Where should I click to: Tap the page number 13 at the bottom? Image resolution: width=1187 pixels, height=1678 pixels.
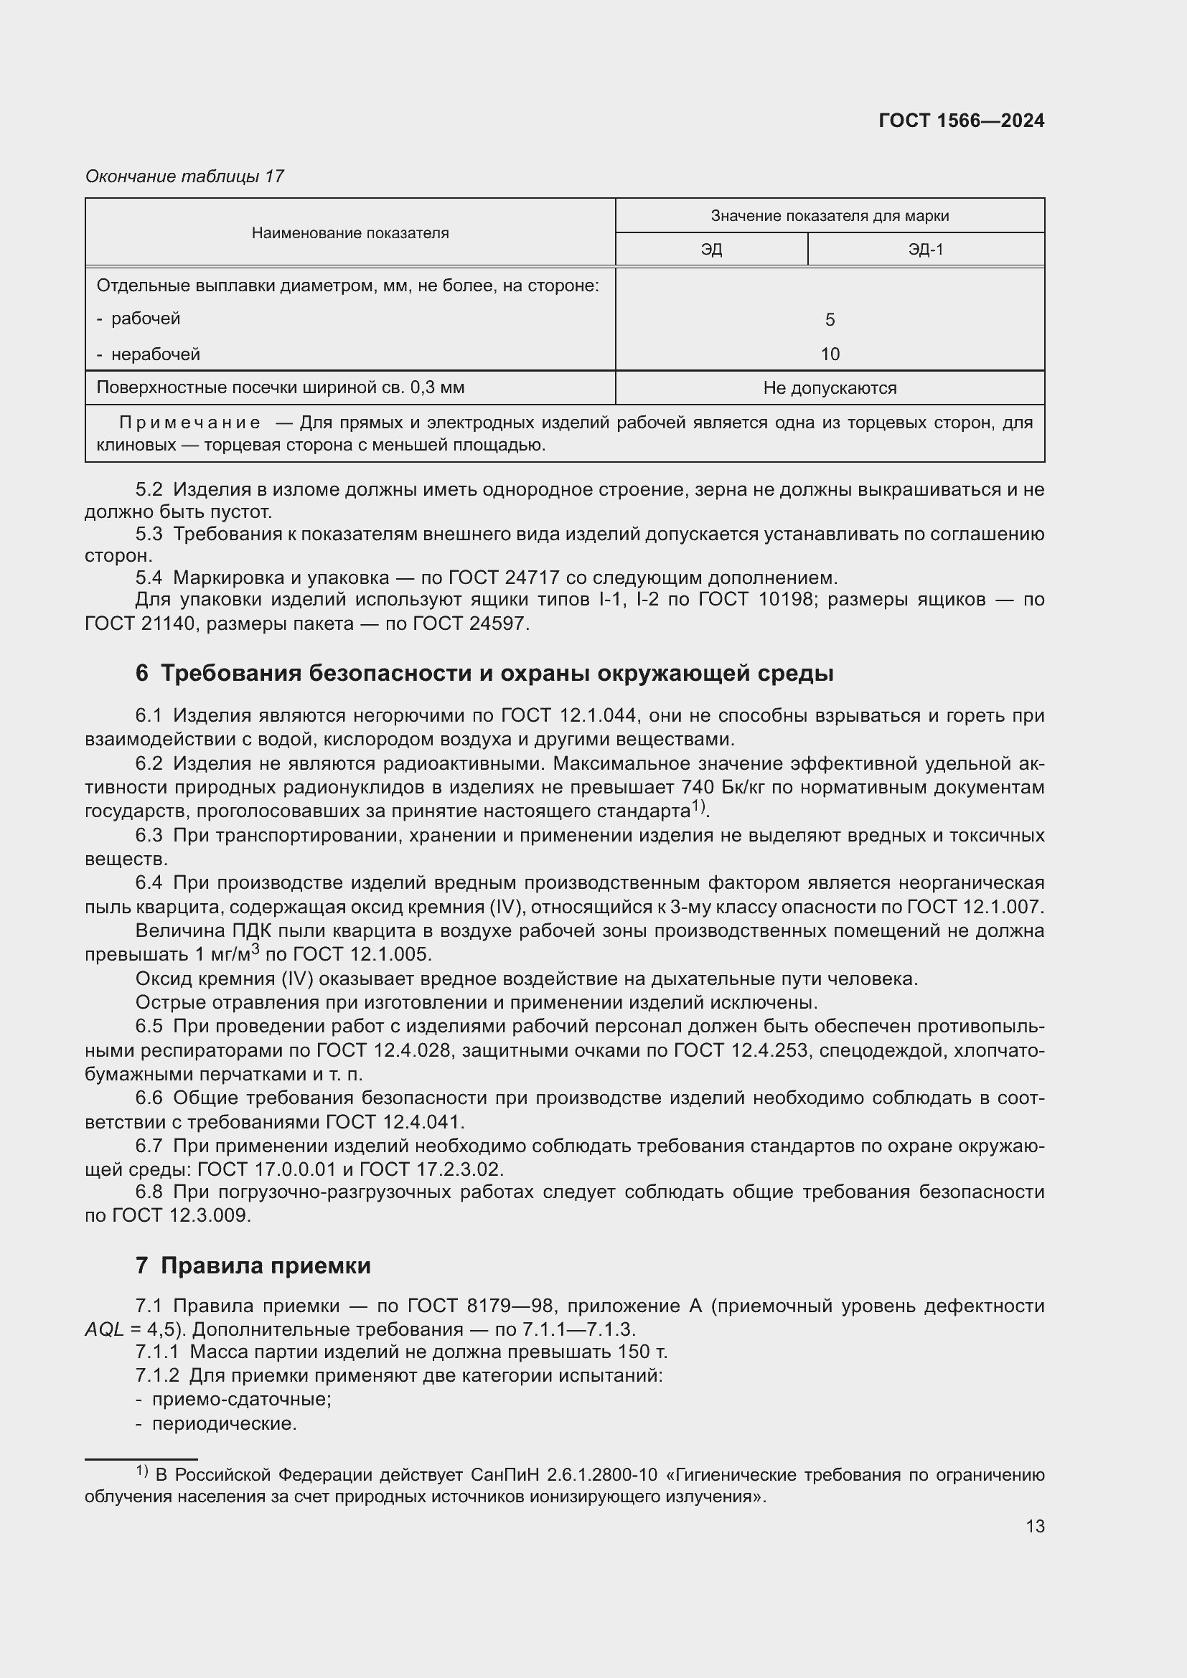pos(1035,1526)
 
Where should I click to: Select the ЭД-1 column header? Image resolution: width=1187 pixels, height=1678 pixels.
pos(925,250)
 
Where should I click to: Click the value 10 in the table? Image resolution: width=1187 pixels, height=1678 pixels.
pos(830,354)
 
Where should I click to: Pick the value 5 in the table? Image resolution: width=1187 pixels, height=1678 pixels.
pos(830,319)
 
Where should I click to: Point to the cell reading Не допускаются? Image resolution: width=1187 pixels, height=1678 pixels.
pos(830,388)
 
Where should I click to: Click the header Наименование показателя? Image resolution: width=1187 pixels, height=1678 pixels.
pos(350,233)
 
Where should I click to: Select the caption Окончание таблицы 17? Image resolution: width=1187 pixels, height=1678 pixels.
pos(184,176)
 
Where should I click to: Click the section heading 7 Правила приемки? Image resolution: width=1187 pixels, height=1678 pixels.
pos(253,1265)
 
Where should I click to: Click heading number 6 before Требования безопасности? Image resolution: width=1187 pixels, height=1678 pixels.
pos(142,673)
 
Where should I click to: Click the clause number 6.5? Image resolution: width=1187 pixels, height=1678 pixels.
pos(149,1026)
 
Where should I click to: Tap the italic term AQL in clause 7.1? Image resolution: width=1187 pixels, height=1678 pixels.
pos(105,1329)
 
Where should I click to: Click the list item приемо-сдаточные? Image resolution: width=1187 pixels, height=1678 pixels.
pos(241,1400)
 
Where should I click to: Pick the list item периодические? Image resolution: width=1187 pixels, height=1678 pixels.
pos(224,1423)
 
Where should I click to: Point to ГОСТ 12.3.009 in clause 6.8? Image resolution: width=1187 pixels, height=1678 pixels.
pos(181,1215)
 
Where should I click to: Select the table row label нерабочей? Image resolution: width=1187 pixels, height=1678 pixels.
pos(155,354)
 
